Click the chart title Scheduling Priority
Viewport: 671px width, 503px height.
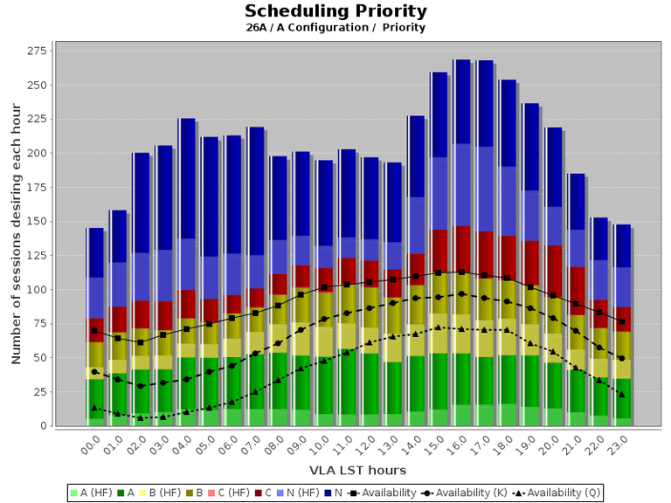point(335,11)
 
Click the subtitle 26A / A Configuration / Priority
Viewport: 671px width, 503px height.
point(335,27)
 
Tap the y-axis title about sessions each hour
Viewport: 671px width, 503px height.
point(16,236)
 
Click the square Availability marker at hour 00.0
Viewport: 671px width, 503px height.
point(94,331)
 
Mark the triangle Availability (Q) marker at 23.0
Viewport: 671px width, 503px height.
point(621,395)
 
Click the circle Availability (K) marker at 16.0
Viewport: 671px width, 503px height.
point(461,294)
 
